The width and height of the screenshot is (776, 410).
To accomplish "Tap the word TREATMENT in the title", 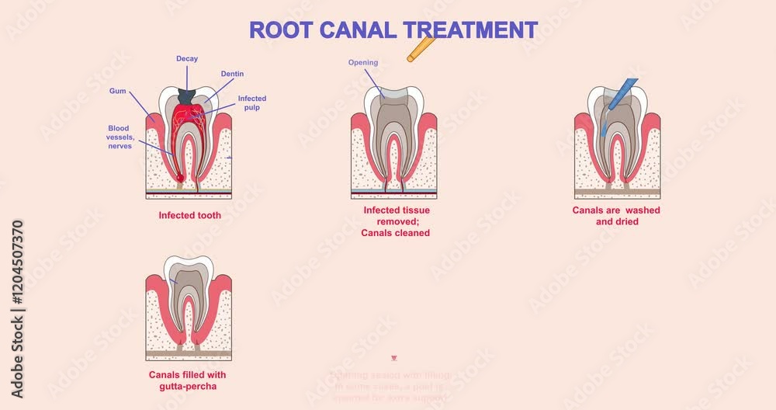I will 469,30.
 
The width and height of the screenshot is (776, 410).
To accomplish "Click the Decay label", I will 187,58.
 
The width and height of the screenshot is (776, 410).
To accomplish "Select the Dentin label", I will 232,74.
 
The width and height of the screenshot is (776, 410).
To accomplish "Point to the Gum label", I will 118,91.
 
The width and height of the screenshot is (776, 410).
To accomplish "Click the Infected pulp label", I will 251,103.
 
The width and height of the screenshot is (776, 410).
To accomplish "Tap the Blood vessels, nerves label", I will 120,137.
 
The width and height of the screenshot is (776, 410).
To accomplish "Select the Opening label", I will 363,63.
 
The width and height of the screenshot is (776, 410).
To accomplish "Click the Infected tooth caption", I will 189,215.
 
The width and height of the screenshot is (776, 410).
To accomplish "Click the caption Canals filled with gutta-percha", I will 188,380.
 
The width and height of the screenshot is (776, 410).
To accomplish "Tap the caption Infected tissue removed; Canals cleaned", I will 396,221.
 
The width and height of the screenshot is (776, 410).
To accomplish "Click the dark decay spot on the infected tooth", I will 186,96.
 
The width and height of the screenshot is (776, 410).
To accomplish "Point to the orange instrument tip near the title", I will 421,49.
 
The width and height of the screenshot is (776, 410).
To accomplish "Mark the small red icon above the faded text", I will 394,358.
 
